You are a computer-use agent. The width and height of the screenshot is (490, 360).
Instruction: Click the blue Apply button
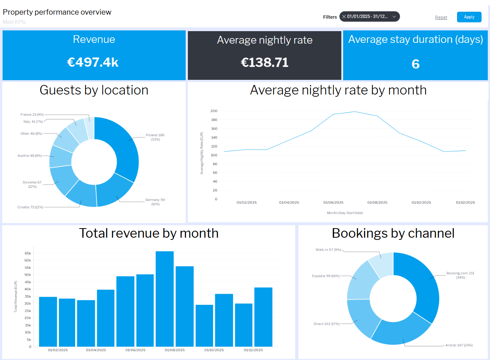[469, 17]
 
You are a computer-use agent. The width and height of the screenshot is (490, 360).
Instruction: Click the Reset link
[441, 17]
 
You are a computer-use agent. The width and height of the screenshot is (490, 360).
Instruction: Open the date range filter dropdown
[394, 16]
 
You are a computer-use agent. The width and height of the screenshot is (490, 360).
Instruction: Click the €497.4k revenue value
[93, 62]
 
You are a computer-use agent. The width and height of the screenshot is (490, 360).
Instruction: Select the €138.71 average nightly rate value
[264, 62]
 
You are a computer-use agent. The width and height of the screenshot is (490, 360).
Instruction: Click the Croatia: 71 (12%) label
[30, 207]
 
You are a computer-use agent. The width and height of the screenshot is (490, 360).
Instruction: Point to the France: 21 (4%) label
[32, 115]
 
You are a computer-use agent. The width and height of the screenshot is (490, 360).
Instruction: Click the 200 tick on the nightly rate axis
[214, 111]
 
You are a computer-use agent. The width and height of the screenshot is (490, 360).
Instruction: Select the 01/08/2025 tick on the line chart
[377, 203]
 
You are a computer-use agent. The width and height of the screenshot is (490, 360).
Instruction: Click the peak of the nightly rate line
[355, 112]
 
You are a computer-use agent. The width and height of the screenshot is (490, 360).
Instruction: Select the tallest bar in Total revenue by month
[165, 298]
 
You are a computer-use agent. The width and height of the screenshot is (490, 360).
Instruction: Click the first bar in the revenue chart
[48, 322]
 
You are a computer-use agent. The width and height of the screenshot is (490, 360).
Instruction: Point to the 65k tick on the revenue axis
[28, 253]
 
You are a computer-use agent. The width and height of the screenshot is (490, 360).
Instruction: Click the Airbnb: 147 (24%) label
[459, 345]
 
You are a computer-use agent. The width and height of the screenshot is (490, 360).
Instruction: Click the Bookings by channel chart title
[393, 233]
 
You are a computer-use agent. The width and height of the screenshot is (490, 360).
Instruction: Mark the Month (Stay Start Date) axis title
[345, 213]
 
